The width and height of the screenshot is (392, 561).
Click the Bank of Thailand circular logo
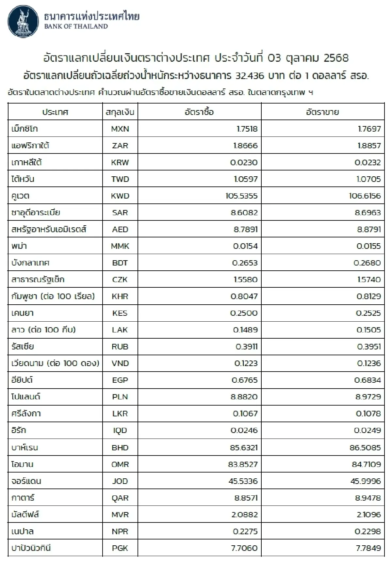click(x=23, y=21)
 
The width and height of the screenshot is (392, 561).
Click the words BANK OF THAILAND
click(x=76, y=26)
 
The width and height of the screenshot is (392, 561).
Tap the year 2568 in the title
click(x=336, y=58)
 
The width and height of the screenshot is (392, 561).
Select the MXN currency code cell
click(x=120, y=129)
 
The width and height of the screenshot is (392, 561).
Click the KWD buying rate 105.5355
click(x=241, y=196)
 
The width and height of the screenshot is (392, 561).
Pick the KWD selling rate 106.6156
click(x=365, y=196)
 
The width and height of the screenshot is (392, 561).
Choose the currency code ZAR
click(x=120, y=146)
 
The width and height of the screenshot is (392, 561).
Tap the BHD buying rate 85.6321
click(x=244, y=447)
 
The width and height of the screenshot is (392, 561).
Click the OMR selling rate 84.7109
click(x=366, y=464)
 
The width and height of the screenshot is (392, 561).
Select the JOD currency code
click(x=120, y=481)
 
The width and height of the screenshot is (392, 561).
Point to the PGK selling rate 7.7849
click(x=368, y=548)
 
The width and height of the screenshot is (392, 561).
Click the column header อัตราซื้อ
click(x=199, y=112)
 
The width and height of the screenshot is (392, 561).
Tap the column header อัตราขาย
click(x=322, y=112)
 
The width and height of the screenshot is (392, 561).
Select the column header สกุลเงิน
click(x=120, y=112)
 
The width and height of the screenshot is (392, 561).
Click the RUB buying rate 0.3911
click(x=246, y=346)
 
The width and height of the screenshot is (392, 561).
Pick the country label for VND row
click(x=55, y=363)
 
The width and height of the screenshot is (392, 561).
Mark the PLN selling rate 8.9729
click(x=368, y=397)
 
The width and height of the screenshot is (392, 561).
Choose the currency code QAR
click(x=120, y=498)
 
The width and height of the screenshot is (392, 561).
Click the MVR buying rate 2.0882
click(x=244, y=514)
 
